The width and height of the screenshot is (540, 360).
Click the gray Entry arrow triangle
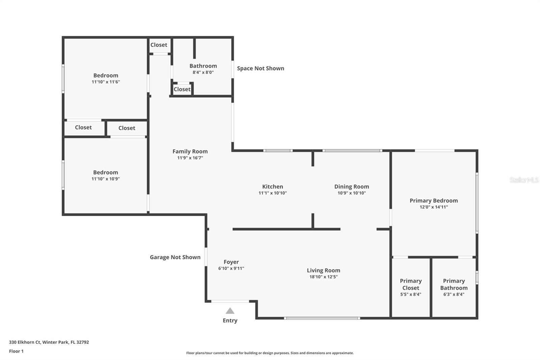tap(230, 311)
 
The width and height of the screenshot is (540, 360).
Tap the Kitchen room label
tap(273, 186)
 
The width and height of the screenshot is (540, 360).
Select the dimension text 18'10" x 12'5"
tap(323, 277)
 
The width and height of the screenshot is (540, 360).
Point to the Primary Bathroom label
tap(454, 284)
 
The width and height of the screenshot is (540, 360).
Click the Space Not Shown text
tap(260, 68)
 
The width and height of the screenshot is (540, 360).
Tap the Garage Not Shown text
tap(175, 257)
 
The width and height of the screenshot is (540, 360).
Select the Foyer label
tap(231, 262)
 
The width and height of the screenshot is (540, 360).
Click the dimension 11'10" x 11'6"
tap(106, 82)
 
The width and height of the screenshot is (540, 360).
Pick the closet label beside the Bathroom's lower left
tap(182, 89)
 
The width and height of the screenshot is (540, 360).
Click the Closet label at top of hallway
tap(159, 45)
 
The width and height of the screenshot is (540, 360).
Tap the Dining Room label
tap(351, 186)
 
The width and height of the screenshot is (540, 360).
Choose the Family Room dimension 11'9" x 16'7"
tap(190, 158)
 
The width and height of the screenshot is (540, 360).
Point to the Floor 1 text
tap(16, 351)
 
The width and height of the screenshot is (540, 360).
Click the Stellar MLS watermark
tap(524, 180)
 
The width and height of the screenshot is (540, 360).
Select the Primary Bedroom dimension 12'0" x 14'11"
tap(433, 207)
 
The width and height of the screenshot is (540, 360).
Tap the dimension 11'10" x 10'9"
tap(106, 179)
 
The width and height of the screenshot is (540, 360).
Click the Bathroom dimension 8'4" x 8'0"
tap(203, 72)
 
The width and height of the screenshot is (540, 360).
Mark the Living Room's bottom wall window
tap(322, 318)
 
